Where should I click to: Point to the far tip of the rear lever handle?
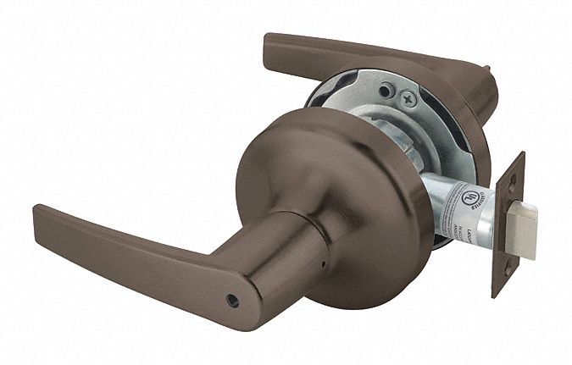[274, 42]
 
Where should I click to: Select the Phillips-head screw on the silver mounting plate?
[409, 99]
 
